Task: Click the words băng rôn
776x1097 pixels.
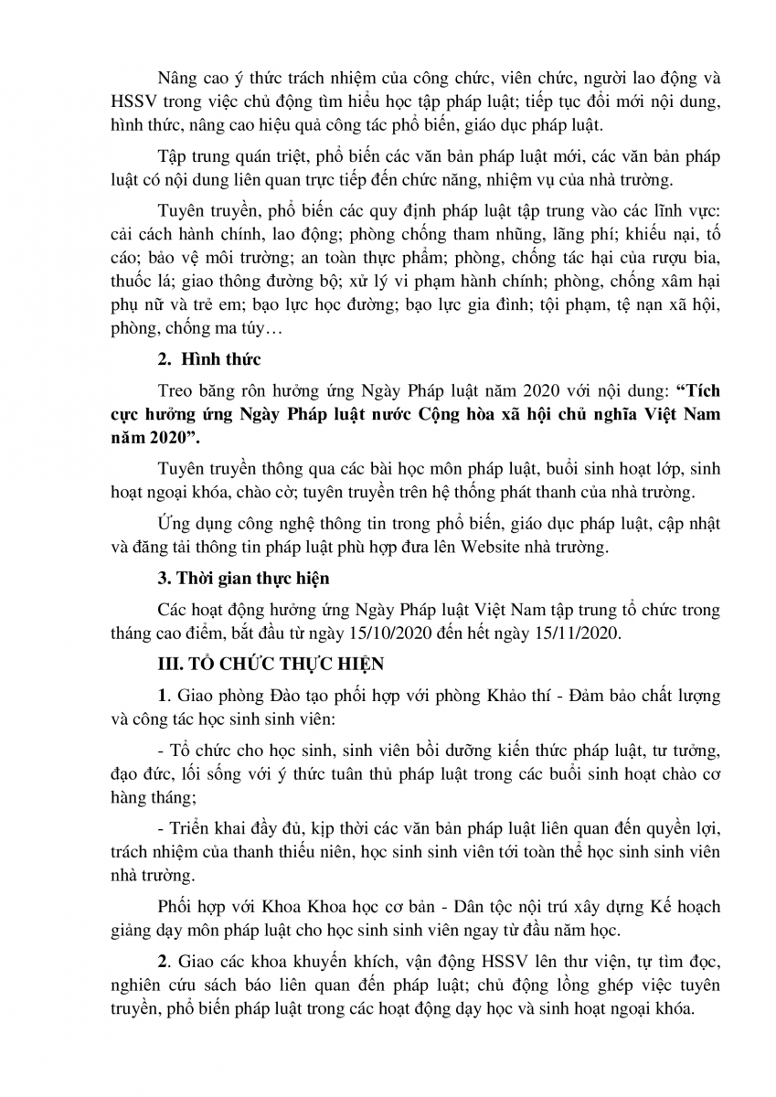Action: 230,389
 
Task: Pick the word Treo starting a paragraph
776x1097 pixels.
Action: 174,389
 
